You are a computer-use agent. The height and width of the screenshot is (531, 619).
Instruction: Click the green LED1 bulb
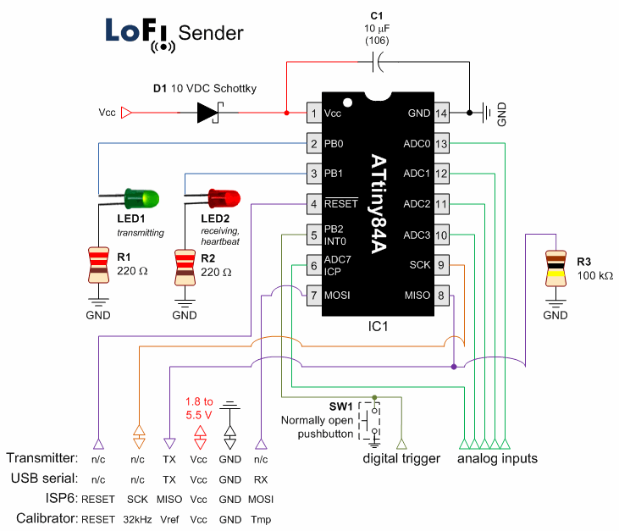(137, 198)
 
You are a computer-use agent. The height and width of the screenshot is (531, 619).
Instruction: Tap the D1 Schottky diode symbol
(207, 112)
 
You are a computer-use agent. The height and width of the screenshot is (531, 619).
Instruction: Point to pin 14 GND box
(441, 113)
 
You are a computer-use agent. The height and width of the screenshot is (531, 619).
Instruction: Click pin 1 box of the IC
(313, 113)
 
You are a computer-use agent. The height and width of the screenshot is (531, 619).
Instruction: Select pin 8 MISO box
(441, 296)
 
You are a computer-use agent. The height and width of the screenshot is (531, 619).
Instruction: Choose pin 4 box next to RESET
(313, 204)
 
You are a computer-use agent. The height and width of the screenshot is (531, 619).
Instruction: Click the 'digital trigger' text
(401, 459)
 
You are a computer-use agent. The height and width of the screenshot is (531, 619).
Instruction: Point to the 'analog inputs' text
(497, 459)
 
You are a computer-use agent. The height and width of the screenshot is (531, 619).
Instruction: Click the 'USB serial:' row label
(42, 478)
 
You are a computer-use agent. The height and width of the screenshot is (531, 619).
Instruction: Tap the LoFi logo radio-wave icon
(163, 44)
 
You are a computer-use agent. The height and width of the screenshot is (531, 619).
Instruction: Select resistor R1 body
(98, 264)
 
